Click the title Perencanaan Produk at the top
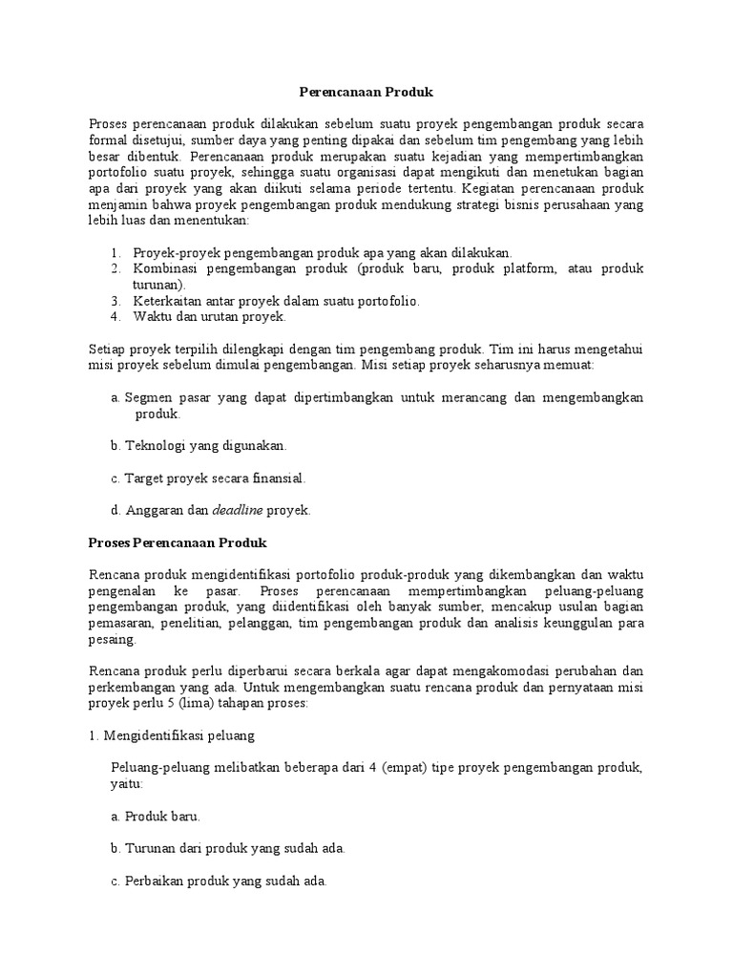coord(366,92)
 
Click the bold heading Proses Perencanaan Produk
coord(178,542)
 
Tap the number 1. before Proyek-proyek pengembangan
coord(115,253)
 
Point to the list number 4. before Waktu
coord(115,315)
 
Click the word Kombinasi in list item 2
coord(163,269)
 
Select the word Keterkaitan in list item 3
coord(166,300)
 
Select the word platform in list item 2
coord(529,269)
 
